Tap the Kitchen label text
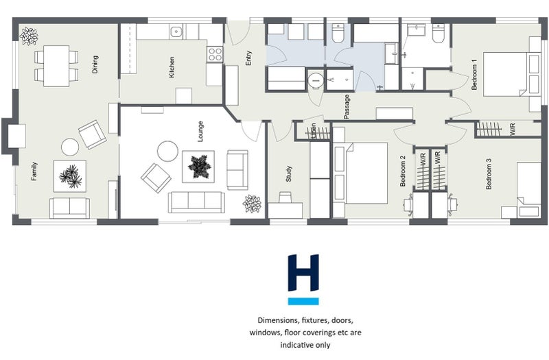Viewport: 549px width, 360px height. pyautogui.click(x=172, y=67)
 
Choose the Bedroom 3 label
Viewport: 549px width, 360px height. pyautogui.click(x=488, y=174)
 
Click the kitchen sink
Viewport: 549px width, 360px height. pyautogui.click(x=176, y=32)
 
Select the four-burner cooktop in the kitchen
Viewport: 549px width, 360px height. pyautogui.click(x=215, y=53)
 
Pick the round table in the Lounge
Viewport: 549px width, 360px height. pyautogui.click(x=168, y=150)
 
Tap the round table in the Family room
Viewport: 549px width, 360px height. pyautogui.click(x=71, y=147)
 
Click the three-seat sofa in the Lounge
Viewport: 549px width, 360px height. pyautogui.click(x=196, y=202)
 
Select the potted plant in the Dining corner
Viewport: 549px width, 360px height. pyautogui.click(x=28, y=35)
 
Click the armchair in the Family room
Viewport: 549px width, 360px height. pyautogui.click(x=92, y=134)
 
